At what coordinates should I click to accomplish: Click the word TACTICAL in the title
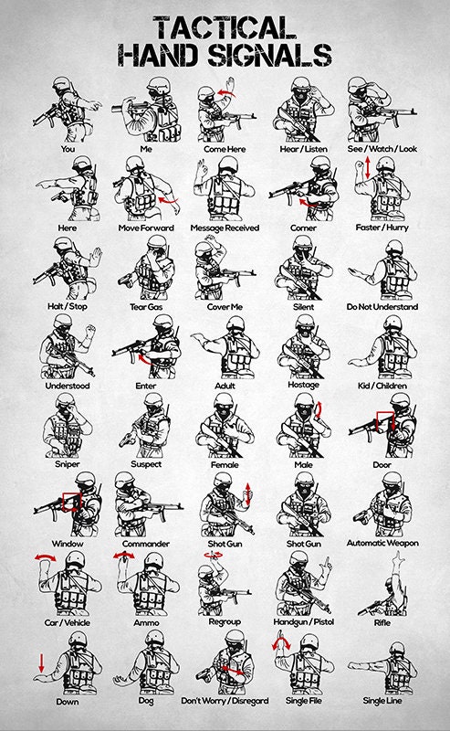(224, 26)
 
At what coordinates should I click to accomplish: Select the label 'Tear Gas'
(141, 307)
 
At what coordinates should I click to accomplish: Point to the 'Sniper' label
(68, 464)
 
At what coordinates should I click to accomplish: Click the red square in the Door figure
(383, 423)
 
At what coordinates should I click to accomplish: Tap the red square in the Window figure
(70, 501)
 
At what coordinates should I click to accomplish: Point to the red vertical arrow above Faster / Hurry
(367, 167)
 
